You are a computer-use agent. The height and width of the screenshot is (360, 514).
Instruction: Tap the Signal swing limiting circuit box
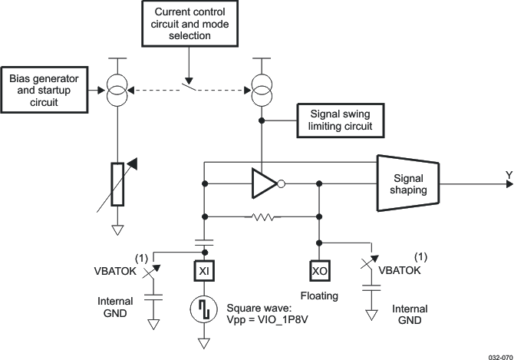click(x=341, y=119)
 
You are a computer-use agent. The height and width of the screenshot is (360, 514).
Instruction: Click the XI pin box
click(x=205, y=271)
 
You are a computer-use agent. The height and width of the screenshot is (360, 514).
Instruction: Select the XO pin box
click(x=320, y=271)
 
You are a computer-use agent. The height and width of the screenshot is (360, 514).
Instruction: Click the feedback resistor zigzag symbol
click(x=262, y=218)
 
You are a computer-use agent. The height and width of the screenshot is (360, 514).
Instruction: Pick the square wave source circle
click(x=205, y=310)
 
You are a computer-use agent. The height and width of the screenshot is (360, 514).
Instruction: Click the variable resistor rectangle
click(x=117, y=184)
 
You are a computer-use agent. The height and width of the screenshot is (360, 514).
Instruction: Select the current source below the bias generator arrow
click(x=117, y=91)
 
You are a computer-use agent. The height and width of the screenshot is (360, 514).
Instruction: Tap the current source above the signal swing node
click(x=262, y=91)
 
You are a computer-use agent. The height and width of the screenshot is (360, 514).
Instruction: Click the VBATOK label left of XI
click(x=114, y=271)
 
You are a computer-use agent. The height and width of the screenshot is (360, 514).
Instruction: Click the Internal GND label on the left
click(x=114, y=307)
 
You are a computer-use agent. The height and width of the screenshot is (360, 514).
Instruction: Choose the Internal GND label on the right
click(x=410, y=315)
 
